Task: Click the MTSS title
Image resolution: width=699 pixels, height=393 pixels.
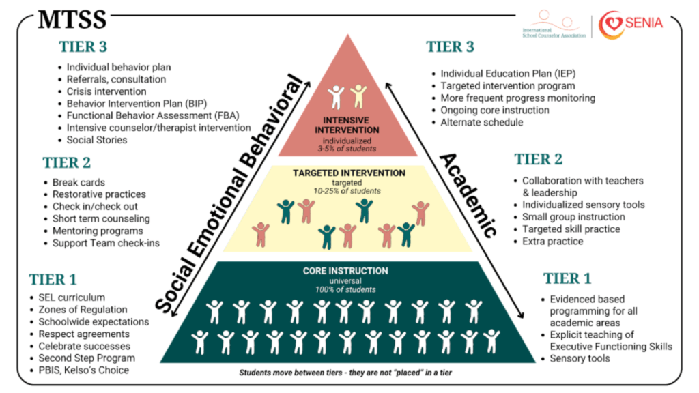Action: click(72, 18)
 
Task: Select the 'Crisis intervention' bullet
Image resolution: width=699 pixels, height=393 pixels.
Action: click(106, 91)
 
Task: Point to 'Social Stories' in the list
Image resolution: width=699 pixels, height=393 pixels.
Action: click(96, 140)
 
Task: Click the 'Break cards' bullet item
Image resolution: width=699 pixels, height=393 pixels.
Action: click(79, 182)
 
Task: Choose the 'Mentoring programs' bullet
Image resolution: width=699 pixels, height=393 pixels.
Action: click(97, 231)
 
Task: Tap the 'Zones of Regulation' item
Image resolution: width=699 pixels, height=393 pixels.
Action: click(83, 310)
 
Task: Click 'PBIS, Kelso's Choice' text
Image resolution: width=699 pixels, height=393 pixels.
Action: click(83, 370)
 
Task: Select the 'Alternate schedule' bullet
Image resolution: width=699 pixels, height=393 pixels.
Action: click(481, 122)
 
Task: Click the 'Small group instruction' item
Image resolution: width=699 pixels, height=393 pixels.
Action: click(573, 217)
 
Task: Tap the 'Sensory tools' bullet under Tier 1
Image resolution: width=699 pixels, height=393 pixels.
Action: click(580, 358)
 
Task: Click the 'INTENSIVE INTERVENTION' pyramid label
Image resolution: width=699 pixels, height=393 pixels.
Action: click(349, 126)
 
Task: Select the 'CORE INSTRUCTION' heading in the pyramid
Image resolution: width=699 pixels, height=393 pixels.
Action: click(349, 272)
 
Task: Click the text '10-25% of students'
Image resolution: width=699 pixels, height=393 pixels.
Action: click(349, 191)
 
